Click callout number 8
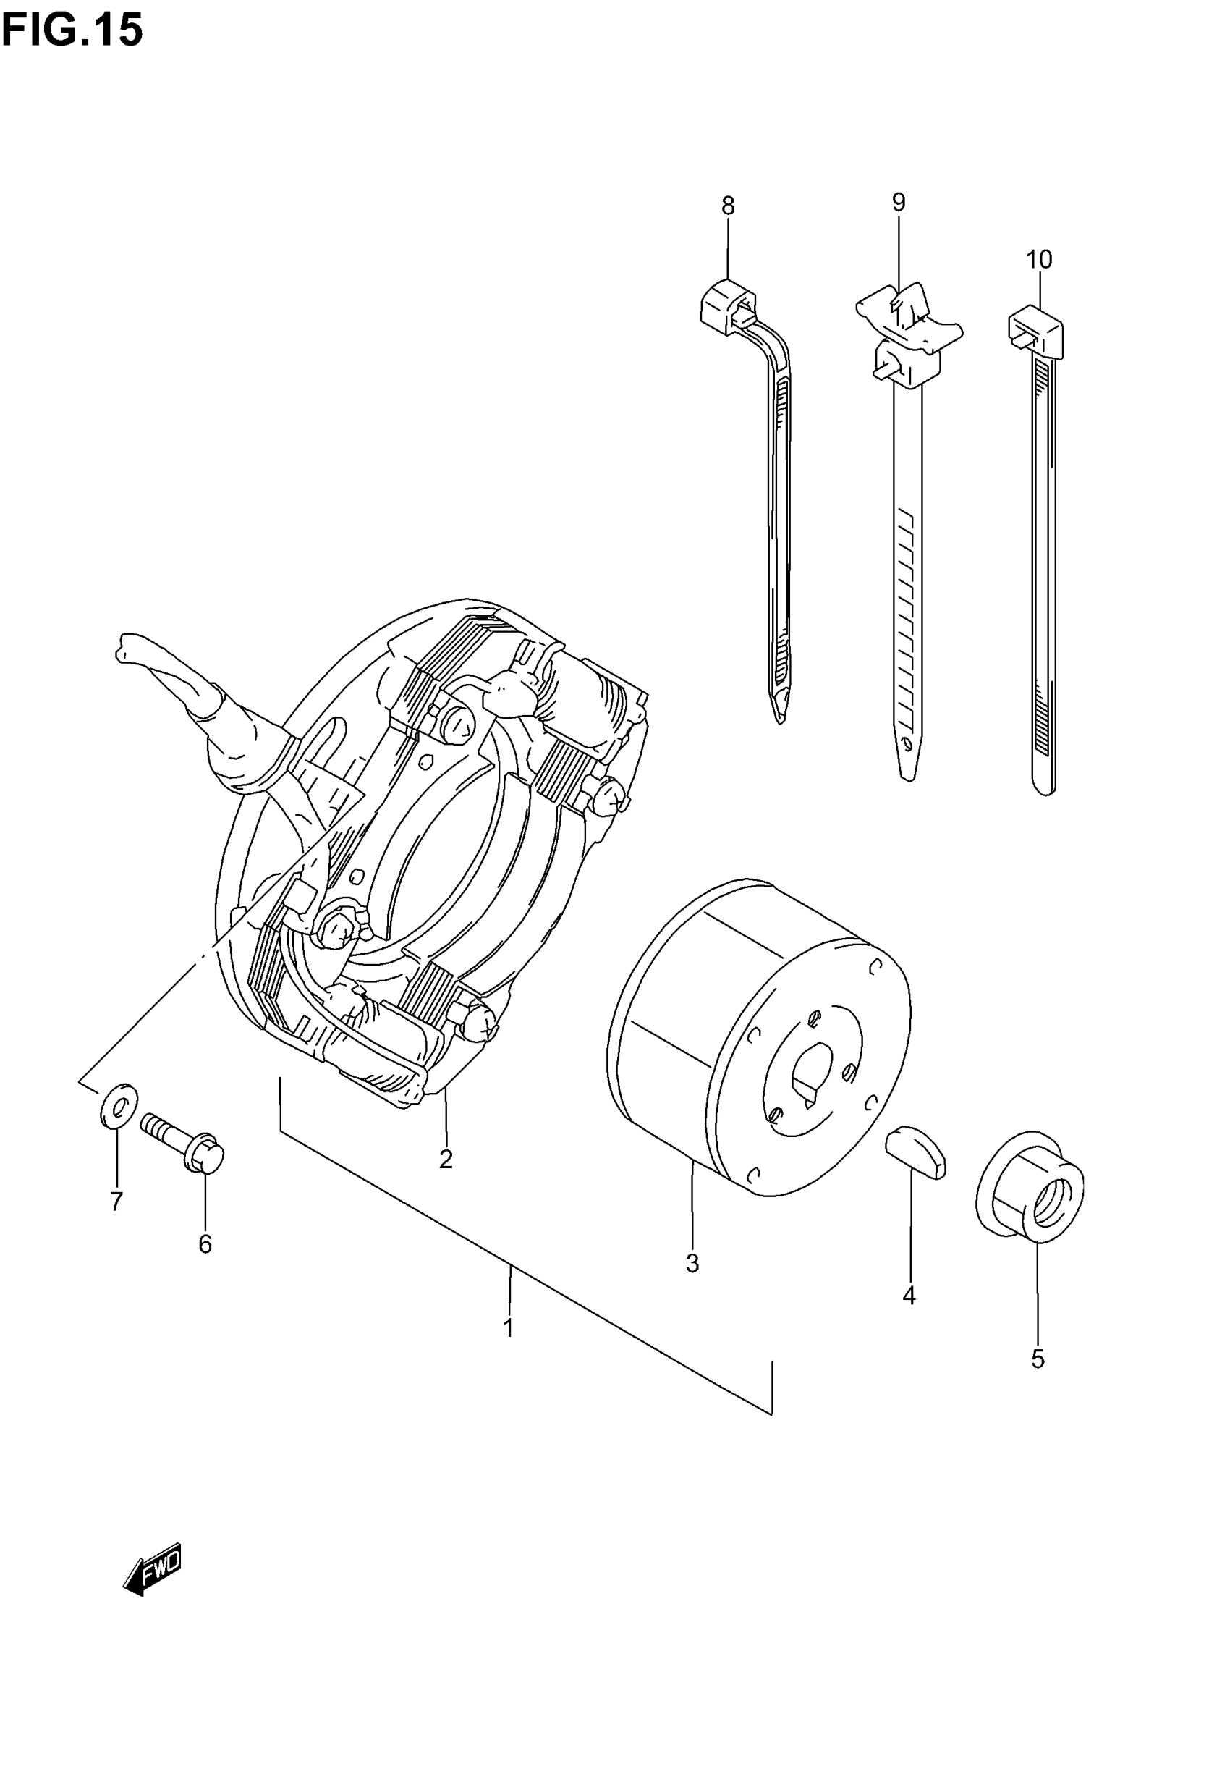(x=728, y=206)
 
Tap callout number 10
(x=1039, y=260)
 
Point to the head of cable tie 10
(x=1035, y=329)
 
